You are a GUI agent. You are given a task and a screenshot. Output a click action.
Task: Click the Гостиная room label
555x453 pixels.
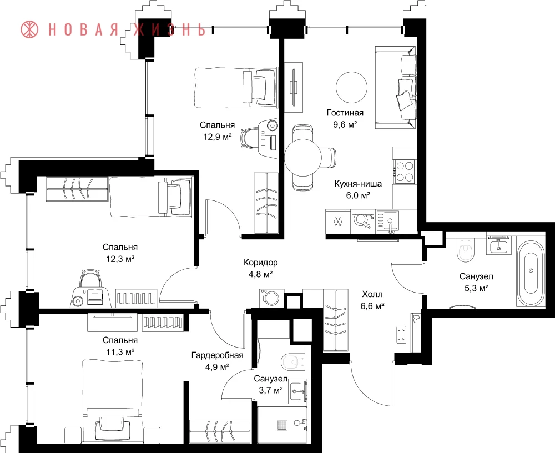click(x=345, y=113)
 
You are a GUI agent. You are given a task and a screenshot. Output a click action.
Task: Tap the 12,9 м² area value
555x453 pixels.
click(x=218, y=137)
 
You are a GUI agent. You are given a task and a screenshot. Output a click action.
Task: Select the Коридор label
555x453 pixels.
click(x=260, y=263)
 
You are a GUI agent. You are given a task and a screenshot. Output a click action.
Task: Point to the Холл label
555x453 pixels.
click(x=372, y=294)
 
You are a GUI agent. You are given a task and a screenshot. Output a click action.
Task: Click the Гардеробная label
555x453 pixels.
click(x=218, y=355)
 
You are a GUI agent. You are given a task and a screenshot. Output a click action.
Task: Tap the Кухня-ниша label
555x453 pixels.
click(x=358, y=184)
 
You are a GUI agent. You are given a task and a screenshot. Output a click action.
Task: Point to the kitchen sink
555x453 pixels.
click(x=388, y=221)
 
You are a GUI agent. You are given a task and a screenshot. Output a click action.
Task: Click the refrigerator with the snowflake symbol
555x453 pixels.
click(x=338, y=222)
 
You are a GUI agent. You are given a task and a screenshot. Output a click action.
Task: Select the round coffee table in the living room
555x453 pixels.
click(x=351, y=87)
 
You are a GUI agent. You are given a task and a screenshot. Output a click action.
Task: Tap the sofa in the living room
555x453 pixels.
click(x=395, y=88)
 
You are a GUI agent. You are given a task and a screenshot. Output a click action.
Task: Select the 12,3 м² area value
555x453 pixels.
click(x=120, y=259)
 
